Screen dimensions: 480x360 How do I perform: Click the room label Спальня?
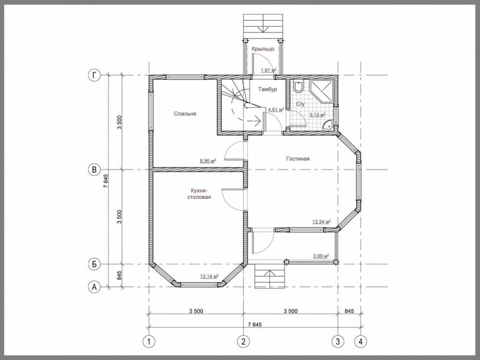(185, 114)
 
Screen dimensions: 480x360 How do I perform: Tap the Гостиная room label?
(298, 158)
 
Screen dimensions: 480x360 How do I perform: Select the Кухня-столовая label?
(199, 193)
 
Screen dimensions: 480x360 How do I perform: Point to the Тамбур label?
(267, 89)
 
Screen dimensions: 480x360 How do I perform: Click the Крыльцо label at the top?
(263, 49)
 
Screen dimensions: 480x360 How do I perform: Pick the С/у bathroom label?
(300, 104)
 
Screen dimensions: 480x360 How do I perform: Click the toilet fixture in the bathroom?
(298, 86)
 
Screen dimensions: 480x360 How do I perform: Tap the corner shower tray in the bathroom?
(322, 91)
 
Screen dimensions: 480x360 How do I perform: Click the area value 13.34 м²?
(321, 221)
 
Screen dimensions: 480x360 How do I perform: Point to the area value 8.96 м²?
(208, 160)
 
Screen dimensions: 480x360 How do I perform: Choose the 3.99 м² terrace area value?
(321, 256)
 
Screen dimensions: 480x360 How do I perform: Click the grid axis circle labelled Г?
(94, 75)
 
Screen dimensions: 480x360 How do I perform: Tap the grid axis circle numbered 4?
(360, 341)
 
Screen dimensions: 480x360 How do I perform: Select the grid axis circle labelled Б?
(94, 264)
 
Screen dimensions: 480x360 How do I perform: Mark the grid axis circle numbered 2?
(243, 341)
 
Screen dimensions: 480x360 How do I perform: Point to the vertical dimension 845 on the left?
(120, 276)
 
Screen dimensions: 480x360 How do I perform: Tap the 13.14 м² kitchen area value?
(209, 276)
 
